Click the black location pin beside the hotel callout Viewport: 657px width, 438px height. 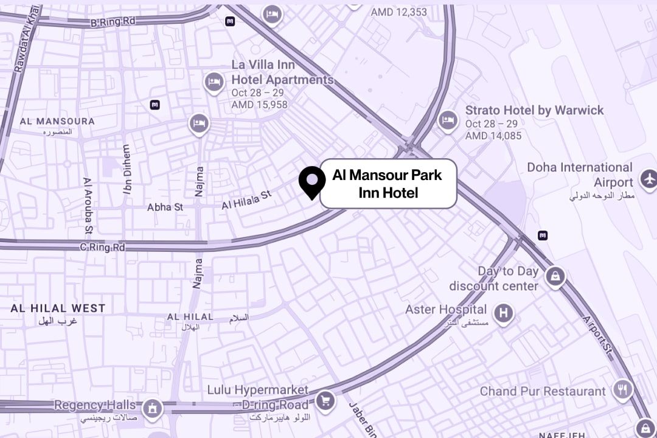point(312,181)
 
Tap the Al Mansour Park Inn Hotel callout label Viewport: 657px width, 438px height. point(388,184)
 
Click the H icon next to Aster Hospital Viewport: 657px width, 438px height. point(503,313)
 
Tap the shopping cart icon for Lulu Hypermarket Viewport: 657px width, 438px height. point(326,400)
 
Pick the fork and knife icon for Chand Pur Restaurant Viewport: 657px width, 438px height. point(622,389)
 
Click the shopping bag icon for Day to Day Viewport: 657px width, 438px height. point(555,277)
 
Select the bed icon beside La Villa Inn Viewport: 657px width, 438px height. point(214,81)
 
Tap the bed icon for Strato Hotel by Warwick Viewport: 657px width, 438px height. point(448,119)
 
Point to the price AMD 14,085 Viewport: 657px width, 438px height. point(493,136)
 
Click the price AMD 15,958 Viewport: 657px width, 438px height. point(259,105)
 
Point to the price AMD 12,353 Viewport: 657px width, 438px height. point(399,12)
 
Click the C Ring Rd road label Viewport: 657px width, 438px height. point(102,248)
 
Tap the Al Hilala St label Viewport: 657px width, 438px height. point(246,200)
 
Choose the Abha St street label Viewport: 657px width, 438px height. point(165,207)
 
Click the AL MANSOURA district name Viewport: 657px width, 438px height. point(57,121)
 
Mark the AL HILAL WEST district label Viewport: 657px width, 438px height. point(58,308)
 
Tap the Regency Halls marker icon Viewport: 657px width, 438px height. point(151,408)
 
